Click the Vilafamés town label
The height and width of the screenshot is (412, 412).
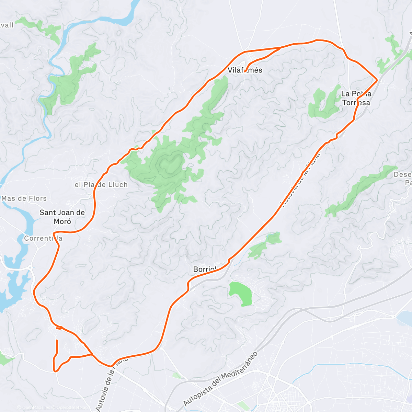pos(245,70)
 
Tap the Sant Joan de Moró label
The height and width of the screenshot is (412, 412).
pos(62,217)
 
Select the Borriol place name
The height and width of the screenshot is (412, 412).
pos(205,269)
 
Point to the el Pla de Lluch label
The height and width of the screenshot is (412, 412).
pos(101,185)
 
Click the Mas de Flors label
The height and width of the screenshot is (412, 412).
pos(24,198)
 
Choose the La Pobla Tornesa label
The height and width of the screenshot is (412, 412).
pos(356,98)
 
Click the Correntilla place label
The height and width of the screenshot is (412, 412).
pos(43,238)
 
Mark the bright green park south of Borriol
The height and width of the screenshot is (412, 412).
pos(240,294)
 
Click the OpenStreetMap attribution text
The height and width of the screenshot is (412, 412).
pos(72,408)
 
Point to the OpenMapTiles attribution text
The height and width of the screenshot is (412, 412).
pos(36,408)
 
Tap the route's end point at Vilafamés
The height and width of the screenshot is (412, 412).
pos(244,72)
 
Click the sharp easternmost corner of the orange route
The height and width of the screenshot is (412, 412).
pos(377,80)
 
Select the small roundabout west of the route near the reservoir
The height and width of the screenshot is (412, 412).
pos(30,267)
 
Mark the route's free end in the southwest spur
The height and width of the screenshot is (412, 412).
pos(57,340)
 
